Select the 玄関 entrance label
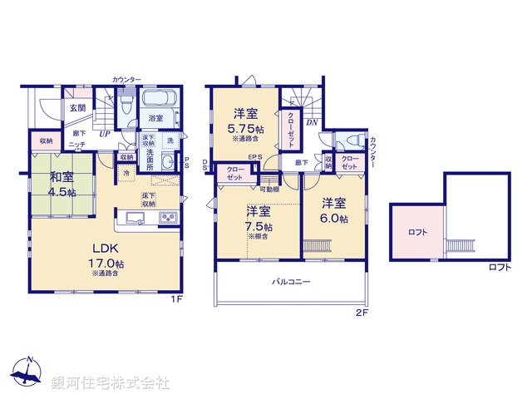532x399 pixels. [x=77, y=107]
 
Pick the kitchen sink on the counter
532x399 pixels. [x=135, y=219]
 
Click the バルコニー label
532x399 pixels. [x=291, y=283]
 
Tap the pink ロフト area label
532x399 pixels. [x=417, y=233]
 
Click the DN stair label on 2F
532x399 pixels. [x=312, y=121]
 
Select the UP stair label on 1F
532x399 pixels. [x=105, y=133]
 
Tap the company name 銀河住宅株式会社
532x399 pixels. [x=110, y=383]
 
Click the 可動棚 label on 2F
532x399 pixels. [x=268, y=189]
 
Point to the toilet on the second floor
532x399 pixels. [x=352, y=141]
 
